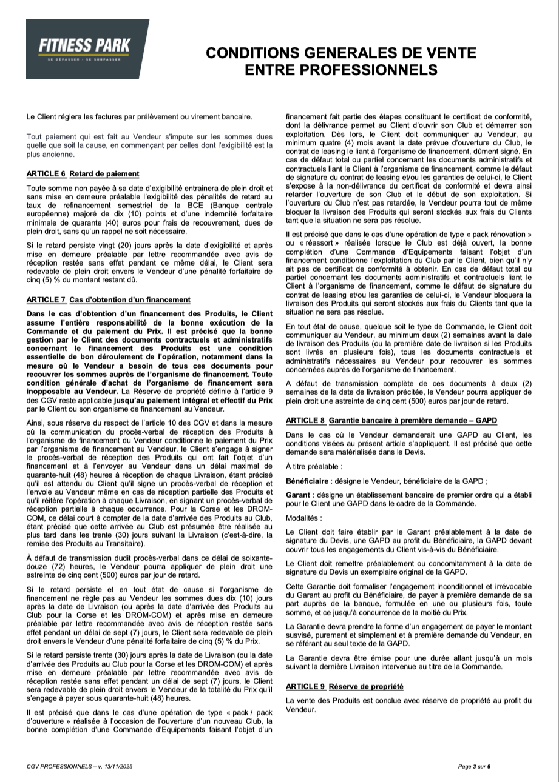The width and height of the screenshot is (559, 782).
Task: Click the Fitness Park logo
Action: coord(87,49)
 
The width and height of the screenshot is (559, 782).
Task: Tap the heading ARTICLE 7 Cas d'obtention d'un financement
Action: coord(109,299)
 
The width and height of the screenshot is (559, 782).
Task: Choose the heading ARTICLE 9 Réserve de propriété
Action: coord(344,686)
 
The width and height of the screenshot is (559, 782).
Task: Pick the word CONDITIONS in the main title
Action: coord(266,53)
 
